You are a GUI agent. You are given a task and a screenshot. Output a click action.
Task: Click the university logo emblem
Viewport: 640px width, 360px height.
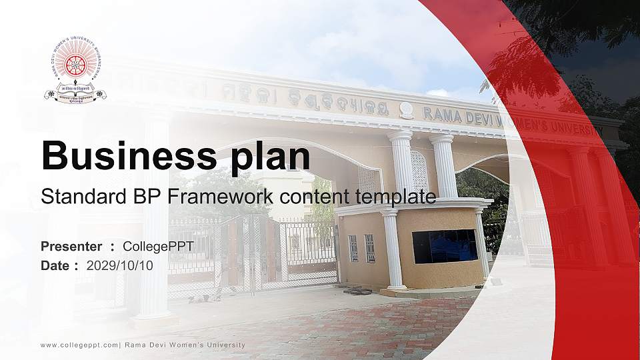pyautogui.click(x=75, y=69)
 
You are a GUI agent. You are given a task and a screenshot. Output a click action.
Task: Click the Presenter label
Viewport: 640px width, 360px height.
pyautogui.click(x=71, y=247)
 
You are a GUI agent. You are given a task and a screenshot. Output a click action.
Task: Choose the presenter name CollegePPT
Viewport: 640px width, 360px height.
pyautogui.click(x=158, y=247)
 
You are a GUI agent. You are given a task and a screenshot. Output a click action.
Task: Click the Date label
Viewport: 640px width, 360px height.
pyautogui.click(x=55, y=265)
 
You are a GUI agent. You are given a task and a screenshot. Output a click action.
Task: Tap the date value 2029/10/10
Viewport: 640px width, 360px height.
pyautogui.click(x=120, y=265)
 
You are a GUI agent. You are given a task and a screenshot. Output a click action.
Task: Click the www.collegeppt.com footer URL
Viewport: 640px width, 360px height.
pyautogui.click(x=79, y=345)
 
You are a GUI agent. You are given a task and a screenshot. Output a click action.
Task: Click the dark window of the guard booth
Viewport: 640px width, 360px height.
pyautogui.click(x=444, y=246)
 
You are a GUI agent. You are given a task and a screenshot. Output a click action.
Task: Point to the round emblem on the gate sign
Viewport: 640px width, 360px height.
pyautogui.click(x=406, y=110)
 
